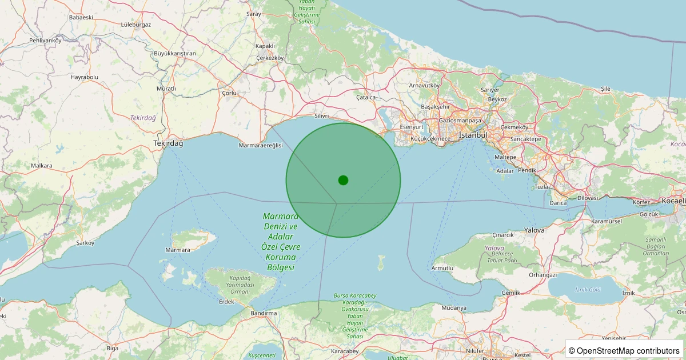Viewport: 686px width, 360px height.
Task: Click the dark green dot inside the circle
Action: tap(343, 180)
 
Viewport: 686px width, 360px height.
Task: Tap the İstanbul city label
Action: tap(472, 135)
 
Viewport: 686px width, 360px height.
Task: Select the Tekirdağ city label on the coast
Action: tap(168, 143)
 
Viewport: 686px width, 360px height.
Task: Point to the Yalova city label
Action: tap(535, 230)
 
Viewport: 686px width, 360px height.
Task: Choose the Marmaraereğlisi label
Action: tap(261, 146)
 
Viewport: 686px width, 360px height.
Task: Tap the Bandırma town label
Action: tap(264, 313)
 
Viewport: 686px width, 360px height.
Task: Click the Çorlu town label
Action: tap(229, 93)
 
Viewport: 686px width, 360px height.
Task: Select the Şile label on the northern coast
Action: tap(605, 89)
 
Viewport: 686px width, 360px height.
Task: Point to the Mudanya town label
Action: tap(454, 308)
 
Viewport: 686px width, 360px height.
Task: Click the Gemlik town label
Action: tap(510, 293)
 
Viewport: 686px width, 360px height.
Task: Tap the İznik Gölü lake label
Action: tap(588, 290)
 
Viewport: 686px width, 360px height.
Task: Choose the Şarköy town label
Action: tap(85, 243)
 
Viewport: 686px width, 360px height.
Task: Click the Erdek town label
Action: tap(226, 302)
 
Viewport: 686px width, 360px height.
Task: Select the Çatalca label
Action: tap(366, 97)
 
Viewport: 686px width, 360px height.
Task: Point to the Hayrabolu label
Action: tap(85, 77)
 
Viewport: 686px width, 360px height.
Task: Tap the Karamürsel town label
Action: tap(607, 221)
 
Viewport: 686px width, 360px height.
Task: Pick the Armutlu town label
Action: tap(442, 268)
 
